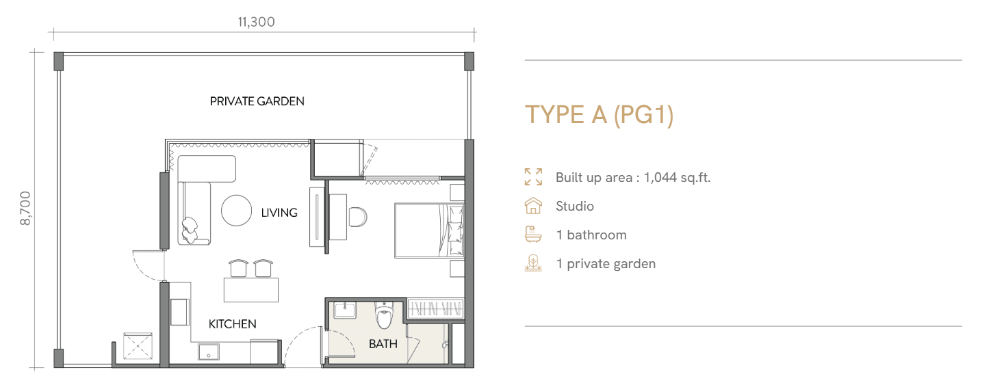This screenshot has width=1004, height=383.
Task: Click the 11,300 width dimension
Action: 256,21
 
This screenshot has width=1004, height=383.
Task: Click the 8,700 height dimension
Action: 25,209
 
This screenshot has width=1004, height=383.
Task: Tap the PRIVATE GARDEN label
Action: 257,101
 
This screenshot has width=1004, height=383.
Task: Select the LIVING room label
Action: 279,212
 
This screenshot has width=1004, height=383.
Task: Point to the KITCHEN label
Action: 232,324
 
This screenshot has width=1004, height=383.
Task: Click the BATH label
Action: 383,344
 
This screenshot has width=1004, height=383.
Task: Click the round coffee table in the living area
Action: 236,211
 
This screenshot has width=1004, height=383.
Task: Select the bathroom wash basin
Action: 345,310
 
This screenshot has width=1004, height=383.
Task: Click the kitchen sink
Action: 209,352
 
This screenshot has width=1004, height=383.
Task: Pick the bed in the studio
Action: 429,230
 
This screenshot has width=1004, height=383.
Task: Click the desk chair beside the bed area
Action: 358,217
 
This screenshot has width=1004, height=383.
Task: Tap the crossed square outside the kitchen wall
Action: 138,346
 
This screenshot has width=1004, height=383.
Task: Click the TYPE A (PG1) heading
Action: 600,115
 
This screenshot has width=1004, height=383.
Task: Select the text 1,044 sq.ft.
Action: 678,177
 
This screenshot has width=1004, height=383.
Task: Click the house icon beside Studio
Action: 533,206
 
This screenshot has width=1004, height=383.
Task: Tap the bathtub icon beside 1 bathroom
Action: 533,235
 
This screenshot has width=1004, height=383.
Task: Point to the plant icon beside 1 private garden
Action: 533,263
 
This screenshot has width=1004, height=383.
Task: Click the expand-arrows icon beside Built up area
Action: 533,177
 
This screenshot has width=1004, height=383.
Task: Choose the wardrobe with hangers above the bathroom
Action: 435,308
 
